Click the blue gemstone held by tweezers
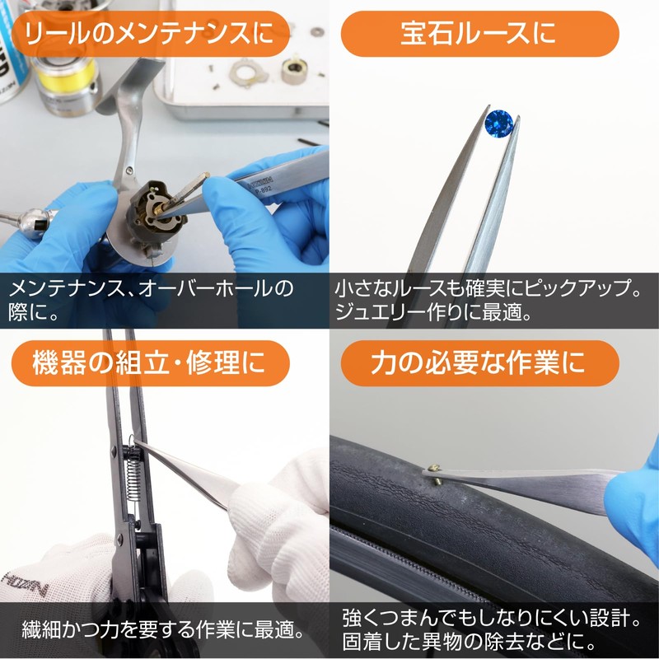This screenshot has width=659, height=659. tap(498, 123)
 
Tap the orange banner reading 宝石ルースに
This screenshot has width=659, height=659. tap(479, 34)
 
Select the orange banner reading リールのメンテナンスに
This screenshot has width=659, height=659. tap(151, 34)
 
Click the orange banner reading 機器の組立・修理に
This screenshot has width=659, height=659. tap(151, 363)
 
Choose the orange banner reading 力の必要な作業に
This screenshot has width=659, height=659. tap(479, 363)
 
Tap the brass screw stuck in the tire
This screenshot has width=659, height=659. tap(435, 473)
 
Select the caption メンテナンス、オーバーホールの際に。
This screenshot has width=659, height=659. tap(151, 300)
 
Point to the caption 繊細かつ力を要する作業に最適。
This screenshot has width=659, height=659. tap(163, 629)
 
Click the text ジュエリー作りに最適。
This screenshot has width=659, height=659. tap(433, 312)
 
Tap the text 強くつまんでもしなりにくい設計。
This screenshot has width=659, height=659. tap(492, 618)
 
